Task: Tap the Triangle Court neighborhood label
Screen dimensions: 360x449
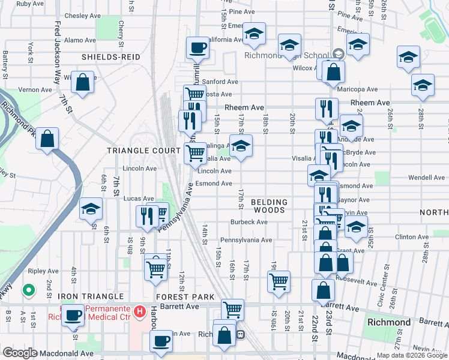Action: tap(143, 150)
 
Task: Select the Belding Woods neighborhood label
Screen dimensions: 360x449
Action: tap(269, 206)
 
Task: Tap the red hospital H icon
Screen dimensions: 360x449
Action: tap(140, 311)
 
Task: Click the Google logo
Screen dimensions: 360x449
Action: tap(20, 353)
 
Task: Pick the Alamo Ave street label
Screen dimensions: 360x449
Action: tap(80, 40)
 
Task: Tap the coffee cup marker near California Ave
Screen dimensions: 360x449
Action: tap(196, 47)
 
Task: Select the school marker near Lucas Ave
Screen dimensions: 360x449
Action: tap(91, 208)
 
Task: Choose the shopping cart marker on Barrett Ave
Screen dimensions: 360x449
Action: tap(232, 310)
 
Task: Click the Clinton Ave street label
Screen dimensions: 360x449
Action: tap(412, 237)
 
